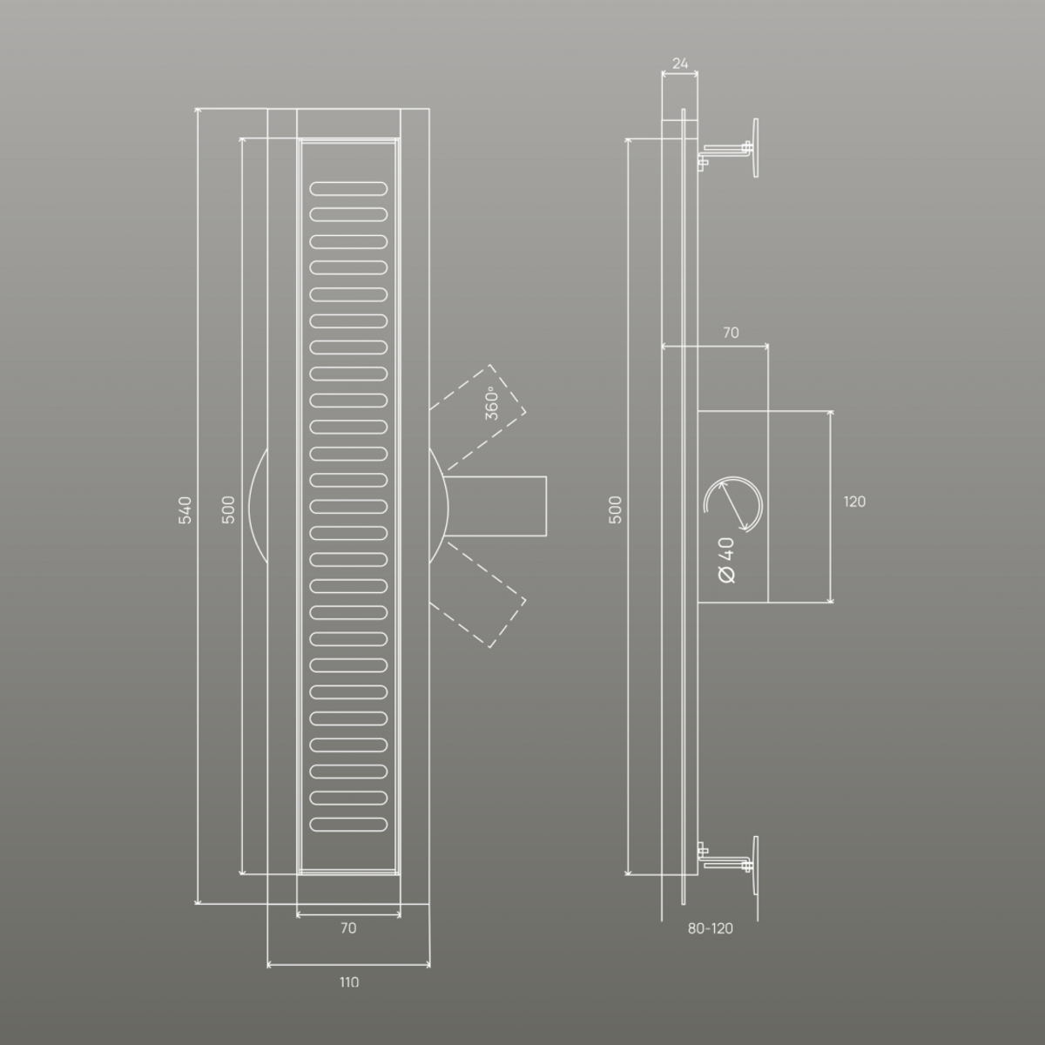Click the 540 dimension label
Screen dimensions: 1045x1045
pyautogui.click(x=185, y=509)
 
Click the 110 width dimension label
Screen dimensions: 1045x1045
pyautogui.click(x=349, y=982)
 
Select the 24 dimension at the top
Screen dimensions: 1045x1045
pyautogui.click(x=680, y=64)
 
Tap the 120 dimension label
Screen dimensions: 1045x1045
pyautogui.click(x=854, y=502)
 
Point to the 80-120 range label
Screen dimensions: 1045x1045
pyautogui.click(x=711, y=928)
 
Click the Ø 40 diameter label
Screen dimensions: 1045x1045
pyautogui.click(x=726, y=560)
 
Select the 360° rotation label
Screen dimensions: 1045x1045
pyautogui.click(x=491, y=403)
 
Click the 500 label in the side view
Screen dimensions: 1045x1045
pyautogui.click(x=616, y=509)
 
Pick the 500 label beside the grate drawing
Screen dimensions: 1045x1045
pyautogui.click(x=229, y=509)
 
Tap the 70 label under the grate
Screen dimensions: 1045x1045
pyautogui.click(x=348, y=927)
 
